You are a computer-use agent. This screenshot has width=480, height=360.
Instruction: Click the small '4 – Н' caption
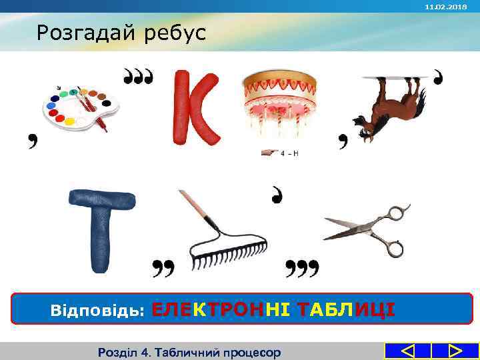click(288, 153)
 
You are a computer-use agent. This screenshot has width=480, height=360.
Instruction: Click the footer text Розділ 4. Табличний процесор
click(189, 352)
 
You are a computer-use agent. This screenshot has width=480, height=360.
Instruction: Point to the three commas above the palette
click(139, 76)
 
